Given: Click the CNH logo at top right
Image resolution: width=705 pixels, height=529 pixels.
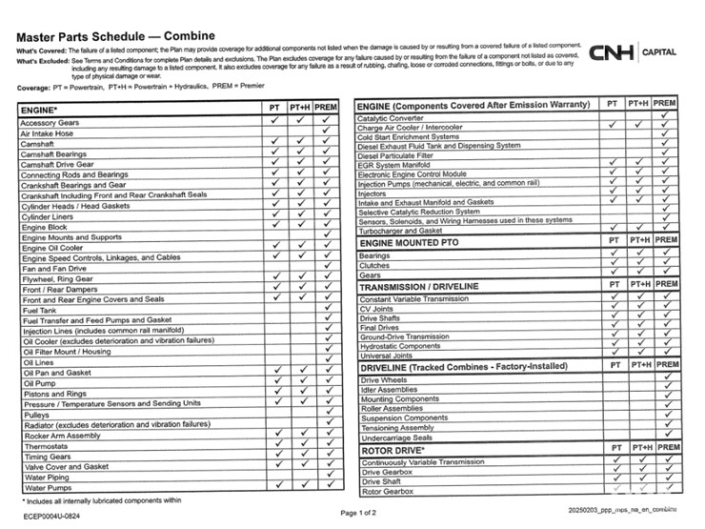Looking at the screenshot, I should click(613, 52).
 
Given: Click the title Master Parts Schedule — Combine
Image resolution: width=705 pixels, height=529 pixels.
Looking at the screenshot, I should click(115, 36).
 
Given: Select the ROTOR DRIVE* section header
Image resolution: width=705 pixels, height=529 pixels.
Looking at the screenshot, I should click(393, 449).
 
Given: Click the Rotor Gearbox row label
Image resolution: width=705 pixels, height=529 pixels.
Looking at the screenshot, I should click(388, 491).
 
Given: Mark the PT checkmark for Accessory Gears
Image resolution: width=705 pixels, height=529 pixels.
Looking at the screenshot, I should click(274, 123).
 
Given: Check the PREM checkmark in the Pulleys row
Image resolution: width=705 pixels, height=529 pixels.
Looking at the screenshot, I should click(327, 415).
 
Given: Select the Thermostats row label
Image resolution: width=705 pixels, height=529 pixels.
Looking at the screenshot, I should click(45, 445).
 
